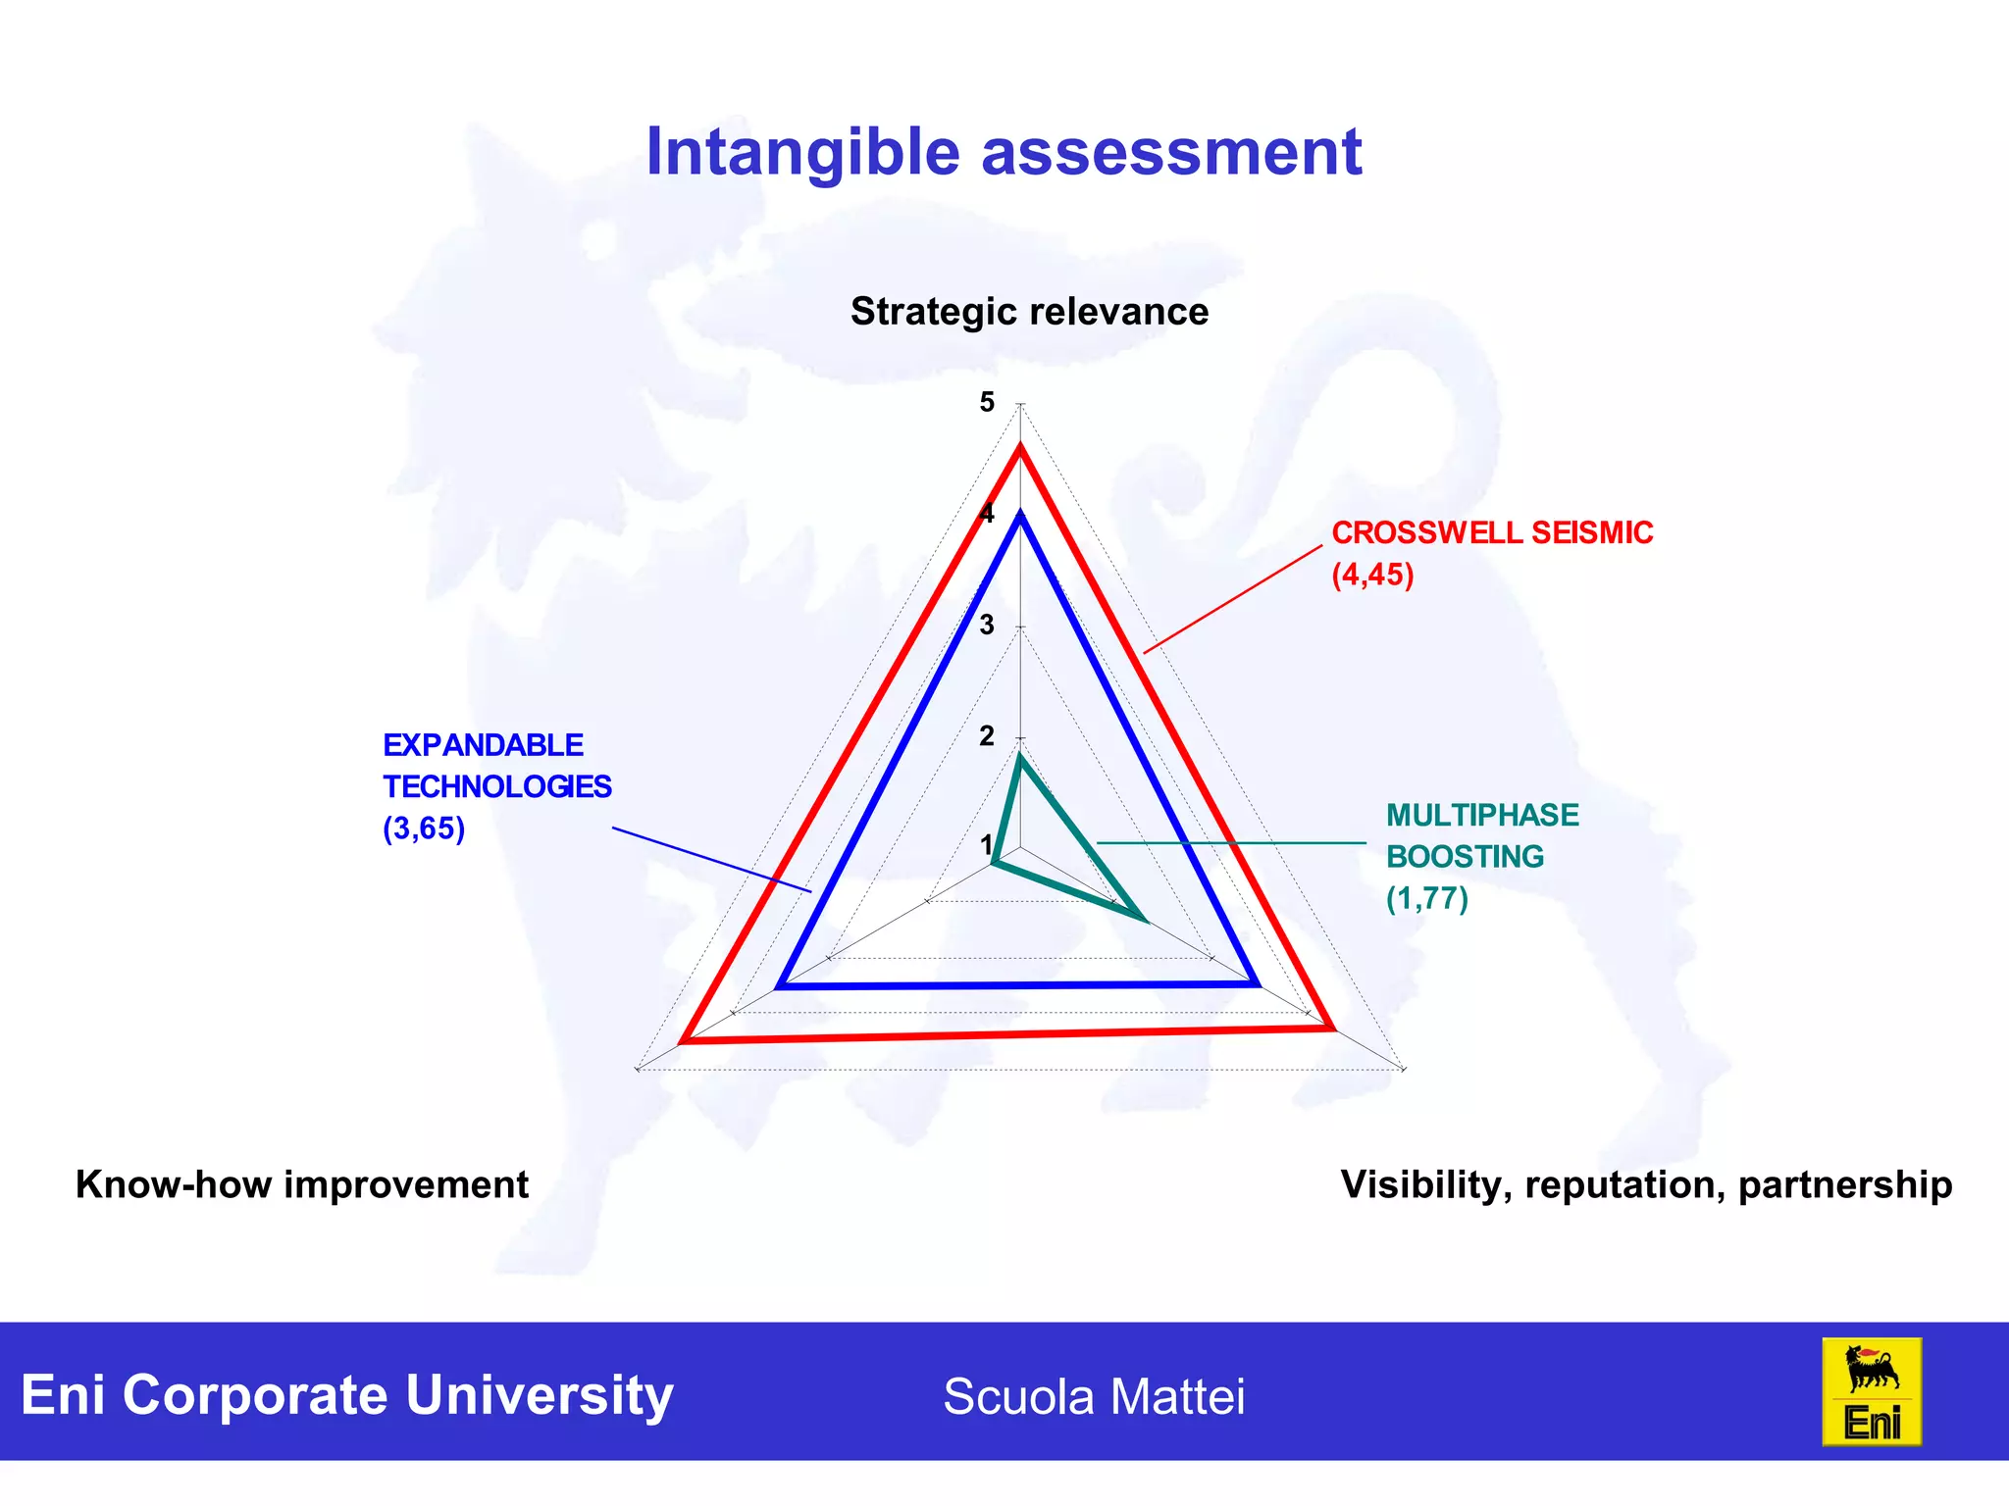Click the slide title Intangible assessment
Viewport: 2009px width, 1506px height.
point(1004,153)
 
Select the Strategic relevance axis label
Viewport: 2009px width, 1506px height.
point(1029,312)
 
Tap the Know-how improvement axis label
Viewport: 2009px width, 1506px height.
point(302,1184)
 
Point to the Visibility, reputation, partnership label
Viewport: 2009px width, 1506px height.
point(1646,1184)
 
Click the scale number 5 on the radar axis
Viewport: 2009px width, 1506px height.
point(987,402)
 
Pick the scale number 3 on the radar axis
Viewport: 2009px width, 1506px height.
point(987,625)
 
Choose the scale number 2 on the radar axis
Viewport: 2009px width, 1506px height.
point(987,736)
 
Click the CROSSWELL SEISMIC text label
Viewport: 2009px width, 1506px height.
point(1491,532)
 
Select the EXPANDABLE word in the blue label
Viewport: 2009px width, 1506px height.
point(483,745)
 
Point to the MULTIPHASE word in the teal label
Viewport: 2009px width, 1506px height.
point(1481,815)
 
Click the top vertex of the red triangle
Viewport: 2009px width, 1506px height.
point(1020,448)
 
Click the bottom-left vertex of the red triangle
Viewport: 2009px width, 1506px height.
point(683,1040)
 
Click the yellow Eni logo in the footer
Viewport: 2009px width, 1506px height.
point(1871,1391)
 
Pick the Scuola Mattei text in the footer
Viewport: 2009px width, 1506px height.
point(1094,1396)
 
